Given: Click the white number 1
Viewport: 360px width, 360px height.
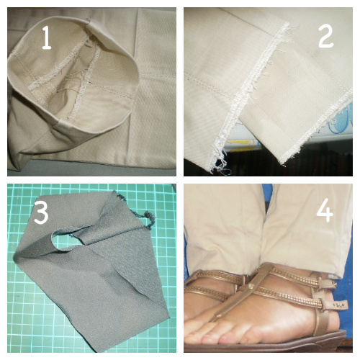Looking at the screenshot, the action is tap(47, 37).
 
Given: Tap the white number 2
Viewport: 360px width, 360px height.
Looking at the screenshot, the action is tap(325, 36).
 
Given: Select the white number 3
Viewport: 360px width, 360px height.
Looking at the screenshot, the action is tap(41, 212).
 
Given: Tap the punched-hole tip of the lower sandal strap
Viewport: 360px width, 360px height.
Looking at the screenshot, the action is tap(341, 305).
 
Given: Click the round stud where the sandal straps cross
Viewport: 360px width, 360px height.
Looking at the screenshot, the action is tap(251, 286).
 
